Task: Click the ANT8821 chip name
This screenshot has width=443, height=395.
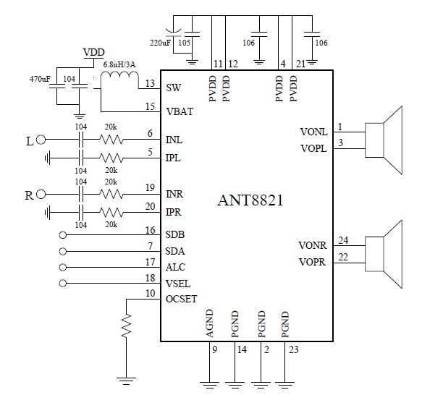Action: click(x=250, y=200)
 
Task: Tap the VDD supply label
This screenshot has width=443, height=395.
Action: click(x=94, y=53)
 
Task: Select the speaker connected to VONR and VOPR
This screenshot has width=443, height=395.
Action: click(x=384, y=252)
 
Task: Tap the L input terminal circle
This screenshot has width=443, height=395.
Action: click(x=42, y=140)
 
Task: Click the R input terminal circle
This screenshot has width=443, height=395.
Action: click(x=42, y=194)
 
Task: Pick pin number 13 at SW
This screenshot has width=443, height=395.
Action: click(x=150, y=83)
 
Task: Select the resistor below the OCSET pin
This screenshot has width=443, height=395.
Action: click(x=127, y=326)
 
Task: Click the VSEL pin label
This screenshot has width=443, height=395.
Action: click(x=178, y=282)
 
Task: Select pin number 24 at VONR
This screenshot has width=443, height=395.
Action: click(x=343, y=240)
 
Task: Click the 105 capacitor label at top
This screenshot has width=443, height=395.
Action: click(x=185, y=42)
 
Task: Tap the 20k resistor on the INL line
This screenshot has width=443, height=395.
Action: click(x=111, y=140)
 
